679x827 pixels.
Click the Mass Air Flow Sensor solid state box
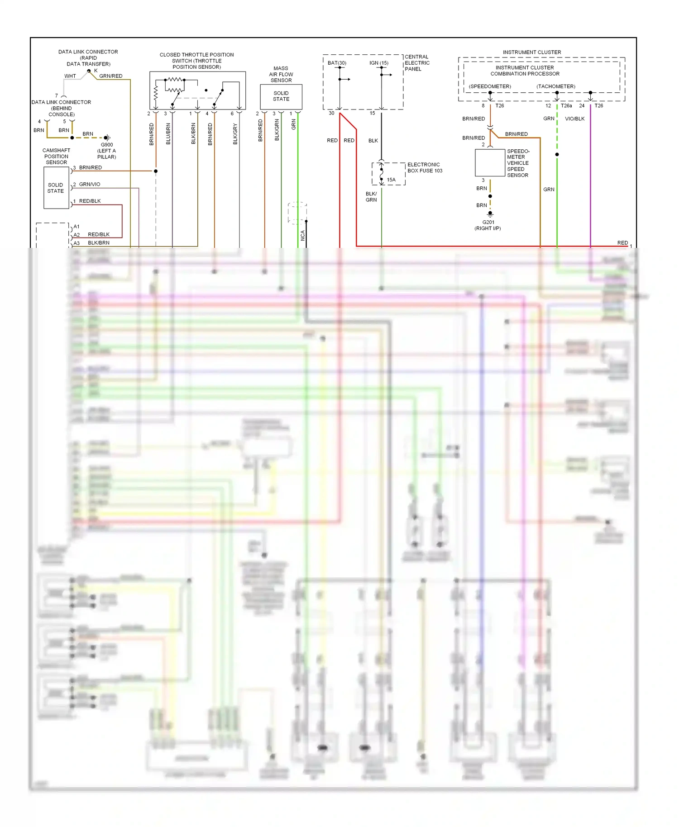(x=281, y=96)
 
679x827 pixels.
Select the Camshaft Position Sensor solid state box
(x=56, y=188)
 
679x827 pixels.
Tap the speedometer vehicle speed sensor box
(x=490, y=162)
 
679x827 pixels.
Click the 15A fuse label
(x=391, y=180)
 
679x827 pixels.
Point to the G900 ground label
(x=107, y=145)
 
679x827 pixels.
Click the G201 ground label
(x=488, y=222)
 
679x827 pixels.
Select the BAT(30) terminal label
(x=337, y=63)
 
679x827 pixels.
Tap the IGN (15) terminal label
(x=378, y=63)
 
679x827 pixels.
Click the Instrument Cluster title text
(x=531, y=52)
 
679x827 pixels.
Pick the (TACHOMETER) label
(x=555, y=86)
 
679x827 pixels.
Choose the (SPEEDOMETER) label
(x=490, y=86)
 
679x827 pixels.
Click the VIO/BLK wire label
(x=574, y=119)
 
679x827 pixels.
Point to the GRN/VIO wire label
(x=90, y=184)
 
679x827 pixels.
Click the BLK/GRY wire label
(x=235, y=134)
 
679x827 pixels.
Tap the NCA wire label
(x=302, y=235)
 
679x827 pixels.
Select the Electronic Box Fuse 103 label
(x=424, y=167)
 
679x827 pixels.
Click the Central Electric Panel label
(x=417, y=63)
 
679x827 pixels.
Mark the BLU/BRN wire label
(x=168, y=134)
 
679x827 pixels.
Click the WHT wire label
(x=70, y=76)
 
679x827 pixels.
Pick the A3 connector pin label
(x=77, y=243)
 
